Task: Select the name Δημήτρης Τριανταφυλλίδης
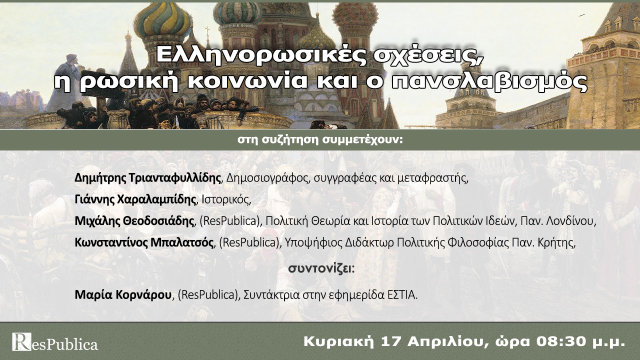tap(148, 178)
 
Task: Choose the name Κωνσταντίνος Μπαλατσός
tap(144, 243)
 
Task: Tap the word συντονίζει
tap(320, 268)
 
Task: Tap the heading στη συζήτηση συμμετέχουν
tap(320, 139)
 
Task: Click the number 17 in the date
tap(391, 342)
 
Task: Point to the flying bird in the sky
tap(581, 15)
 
